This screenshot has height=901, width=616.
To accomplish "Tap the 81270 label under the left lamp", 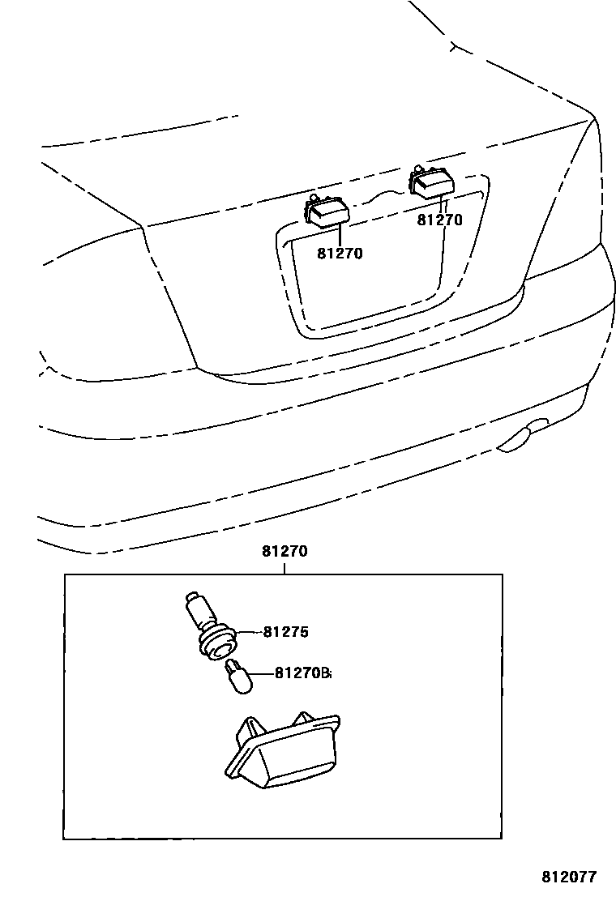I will coord(340,254).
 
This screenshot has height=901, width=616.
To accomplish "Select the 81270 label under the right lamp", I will coord(440,219).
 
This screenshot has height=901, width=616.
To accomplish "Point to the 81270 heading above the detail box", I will coord(284,552).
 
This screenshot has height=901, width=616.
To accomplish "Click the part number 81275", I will coord(285,632).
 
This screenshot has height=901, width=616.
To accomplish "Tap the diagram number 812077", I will coord(569,877).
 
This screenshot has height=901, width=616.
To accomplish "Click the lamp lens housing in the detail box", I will coord(284,749).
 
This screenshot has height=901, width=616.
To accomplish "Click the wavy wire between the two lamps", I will coord(381,197).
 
